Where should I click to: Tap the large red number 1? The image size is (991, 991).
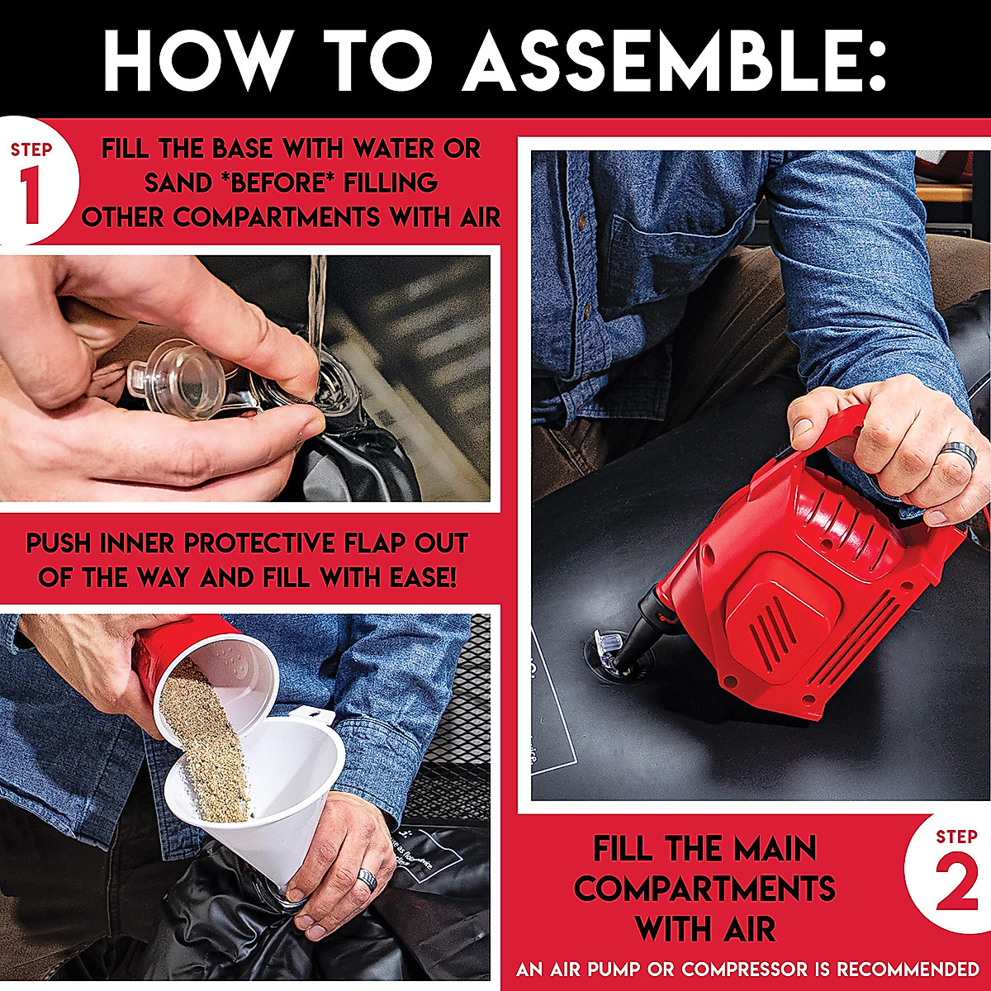coord(32,196)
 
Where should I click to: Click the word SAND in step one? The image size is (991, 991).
coord(178,183)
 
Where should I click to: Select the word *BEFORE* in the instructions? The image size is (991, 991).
coord(278,183)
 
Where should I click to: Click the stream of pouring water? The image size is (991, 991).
coord(317,303)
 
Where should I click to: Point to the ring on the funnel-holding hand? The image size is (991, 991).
coord(367,879)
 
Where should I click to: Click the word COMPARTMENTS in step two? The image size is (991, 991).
coord(705,888)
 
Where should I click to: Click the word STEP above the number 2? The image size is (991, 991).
coord(956,837)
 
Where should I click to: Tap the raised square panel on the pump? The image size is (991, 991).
coord(783,617)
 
